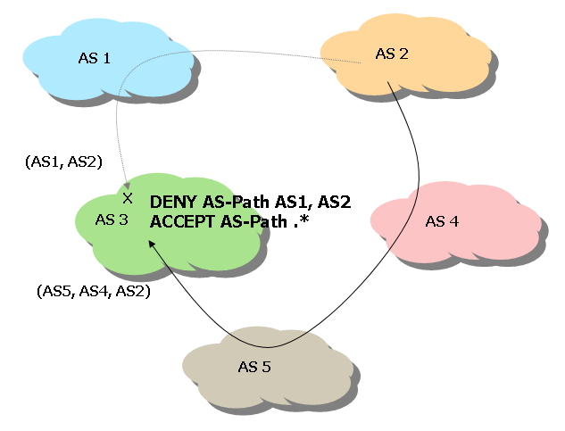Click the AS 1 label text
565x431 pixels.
click(x=95, y=59)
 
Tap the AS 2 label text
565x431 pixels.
click(x=392, y=54)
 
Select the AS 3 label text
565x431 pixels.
click(x=112, y=219)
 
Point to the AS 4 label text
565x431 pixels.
click(x=442, y=221)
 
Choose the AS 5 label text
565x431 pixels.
click(x=254, y=366)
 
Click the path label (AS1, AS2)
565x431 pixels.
click(x=64, y=162)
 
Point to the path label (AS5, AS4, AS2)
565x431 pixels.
click(x=93, y=291)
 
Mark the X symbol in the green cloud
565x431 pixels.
click(x=128, y=197)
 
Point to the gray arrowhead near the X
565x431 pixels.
click(x=126, y=185)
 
